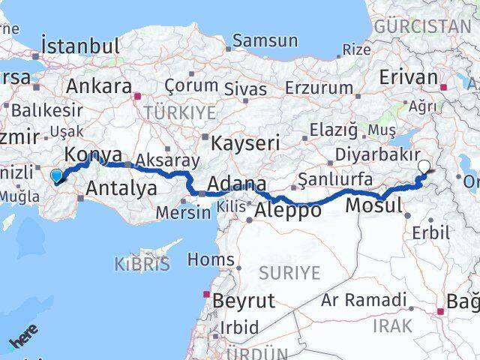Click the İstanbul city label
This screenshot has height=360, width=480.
81,44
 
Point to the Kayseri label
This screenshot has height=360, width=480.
245,142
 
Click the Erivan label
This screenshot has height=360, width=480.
408,78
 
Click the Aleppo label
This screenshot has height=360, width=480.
289,211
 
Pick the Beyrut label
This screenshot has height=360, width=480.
244,301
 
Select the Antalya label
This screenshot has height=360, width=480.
122,187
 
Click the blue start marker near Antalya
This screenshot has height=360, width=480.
56,176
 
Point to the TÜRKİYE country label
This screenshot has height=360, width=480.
184,112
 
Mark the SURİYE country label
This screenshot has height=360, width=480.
289,271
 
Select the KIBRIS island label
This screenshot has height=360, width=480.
142,263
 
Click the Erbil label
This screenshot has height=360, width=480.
436,232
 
